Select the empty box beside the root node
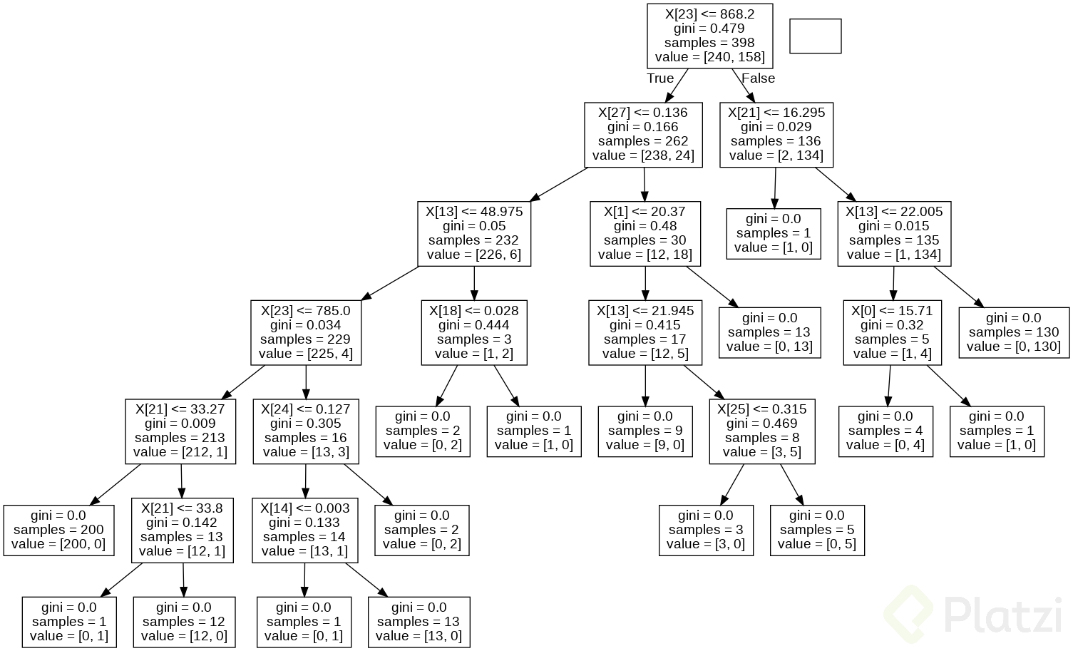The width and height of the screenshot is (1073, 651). pyautogui.click(x=815, y=36)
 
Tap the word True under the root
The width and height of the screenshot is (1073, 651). pyautogui.click(x=660, y=78)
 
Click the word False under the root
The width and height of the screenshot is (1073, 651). pyautogui.click(x=758, y=78)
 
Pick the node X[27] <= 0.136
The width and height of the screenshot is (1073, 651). pyautogui.click(x=643, y=135)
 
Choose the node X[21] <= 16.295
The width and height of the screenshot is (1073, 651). pyautogui.click(x=776, y=135)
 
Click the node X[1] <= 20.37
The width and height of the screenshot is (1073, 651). pyautogui.click(x=645, y=234)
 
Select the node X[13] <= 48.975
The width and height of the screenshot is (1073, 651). pyautogui.click(x=474, y=234)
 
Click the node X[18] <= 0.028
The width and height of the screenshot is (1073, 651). pyautogui.click(x=474, y=333)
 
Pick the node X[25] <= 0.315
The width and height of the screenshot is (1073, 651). pyautogui.click(x=761, y=431)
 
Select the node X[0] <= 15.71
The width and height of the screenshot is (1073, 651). pyautogui.click(x=892, y=333)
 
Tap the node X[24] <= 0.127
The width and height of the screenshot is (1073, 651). pyautogui.click(x=306, y=431)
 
